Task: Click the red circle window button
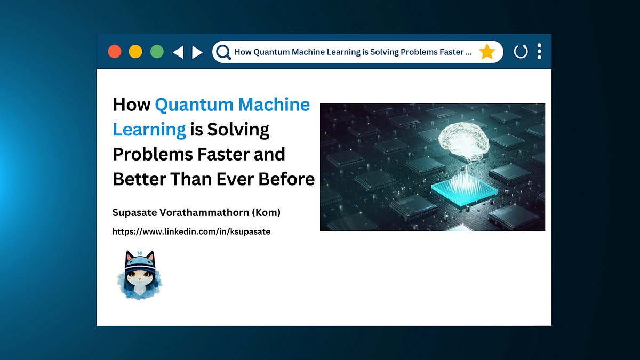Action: click(x=115, y=52)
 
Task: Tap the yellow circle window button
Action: click(x=135, y=52)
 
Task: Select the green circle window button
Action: click(x=157, y=52)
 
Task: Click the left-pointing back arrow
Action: click(x=178, y=52)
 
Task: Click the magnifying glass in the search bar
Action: click(x=223, y=52)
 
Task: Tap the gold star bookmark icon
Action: click(x=487, y=52)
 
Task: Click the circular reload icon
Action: click(x=521, y=52)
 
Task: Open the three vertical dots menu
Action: click(x=539, y=51)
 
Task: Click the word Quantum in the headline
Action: click(x=194, y=105)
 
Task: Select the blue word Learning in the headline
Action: click(x=149, y=130)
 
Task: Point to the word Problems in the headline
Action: click(x=153, y=154)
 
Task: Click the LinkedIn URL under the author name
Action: click(x=191, y=231)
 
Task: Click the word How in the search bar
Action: click(x=242, y=52)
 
